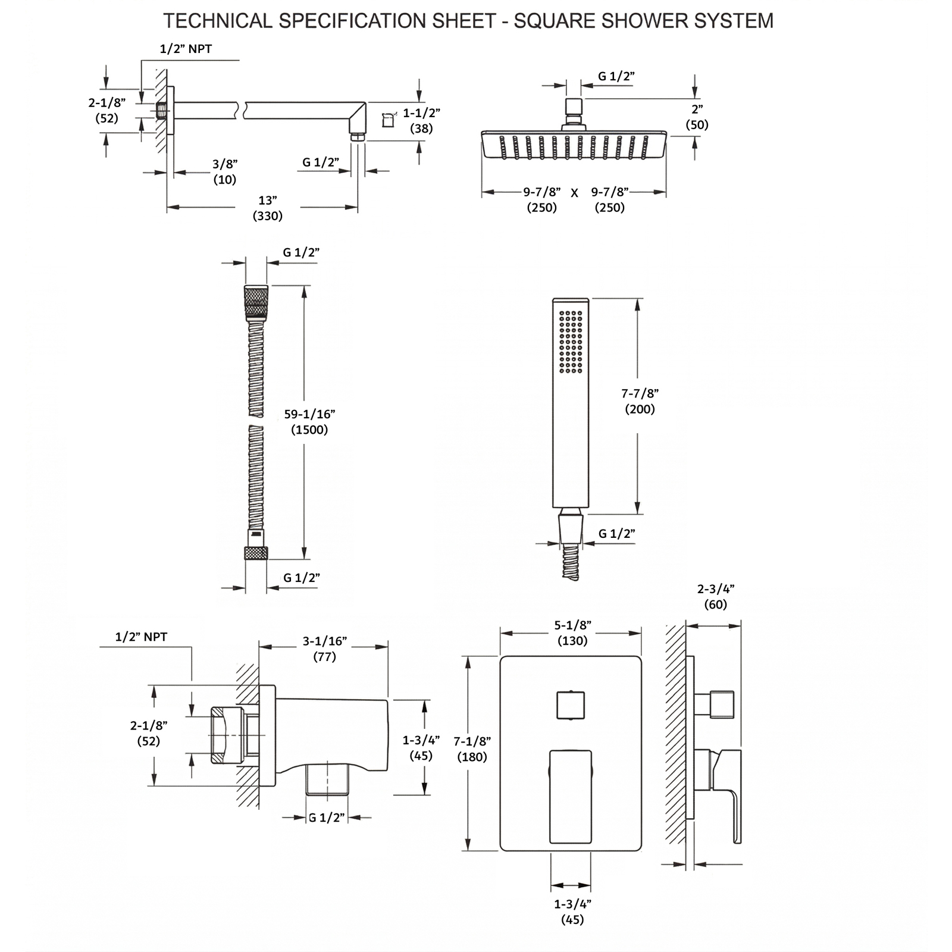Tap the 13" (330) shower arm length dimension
coord(268,208)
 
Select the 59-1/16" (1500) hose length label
coord(309,422)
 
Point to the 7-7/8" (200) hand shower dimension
coord(640,401)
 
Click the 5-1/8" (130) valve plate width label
coord(572,633)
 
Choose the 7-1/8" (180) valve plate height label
coord(472,749)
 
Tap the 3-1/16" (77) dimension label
coord(324,649)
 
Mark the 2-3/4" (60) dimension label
coord(716,597)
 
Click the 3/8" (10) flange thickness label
coord(225,171)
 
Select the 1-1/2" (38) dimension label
coord(421,121)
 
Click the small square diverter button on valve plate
coord(571,705)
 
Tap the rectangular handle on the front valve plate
coord(571,796)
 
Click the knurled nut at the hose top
coord(256,303)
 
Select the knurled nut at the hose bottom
coord(256,553)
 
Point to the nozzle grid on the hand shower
coord(571,342)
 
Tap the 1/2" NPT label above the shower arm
coord(186,49)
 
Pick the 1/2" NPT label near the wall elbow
coord(141,637)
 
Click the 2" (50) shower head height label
coord(697,117)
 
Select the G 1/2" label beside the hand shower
coord(617,534)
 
